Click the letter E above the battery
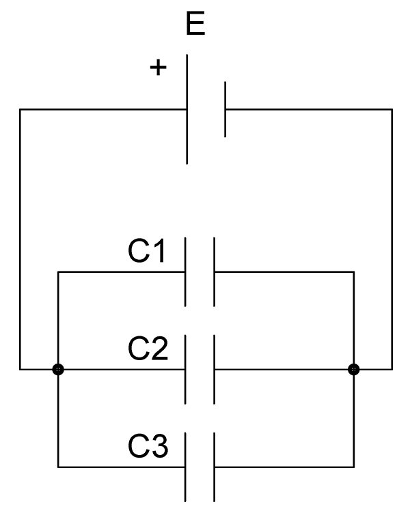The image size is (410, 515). (x=195, y=23)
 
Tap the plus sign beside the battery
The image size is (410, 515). (x=159, y=68)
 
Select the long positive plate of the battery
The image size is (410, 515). (x=187, y=109)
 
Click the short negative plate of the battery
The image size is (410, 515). (x=225, y=109)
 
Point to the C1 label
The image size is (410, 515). (x=146, y=251)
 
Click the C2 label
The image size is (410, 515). (x=148, y=349)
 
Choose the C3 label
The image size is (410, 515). (x=148, y=446)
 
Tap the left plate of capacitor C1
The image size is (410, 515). (x=185, y=272)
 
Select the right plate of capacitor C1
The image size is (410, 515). (x=214, y=272)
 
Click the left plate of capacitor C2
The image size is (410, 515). (x=185, y=370)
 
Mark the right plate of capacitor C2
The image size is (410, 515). (x=214, y=370)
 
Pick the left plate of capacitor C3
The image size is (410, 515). (x=185, y=467)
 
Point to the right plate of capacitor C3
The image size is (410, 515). (x=214, y=467)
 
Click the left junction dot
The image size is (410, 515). (x=58, y=370)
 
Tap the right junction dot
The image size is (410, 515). (x=354, y=370)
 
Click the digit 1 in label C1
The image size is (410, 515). (x=159, y=251)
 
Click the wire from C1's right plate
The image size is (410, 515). (x=284, y=272)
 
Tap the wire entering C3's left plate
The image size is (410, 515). (x=121, y=467)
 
